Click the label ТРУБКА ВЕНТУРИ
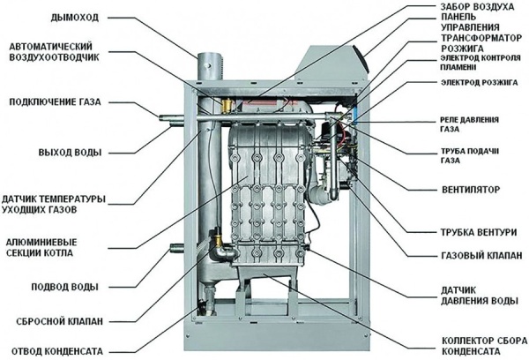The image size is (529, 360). point(466,233)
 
